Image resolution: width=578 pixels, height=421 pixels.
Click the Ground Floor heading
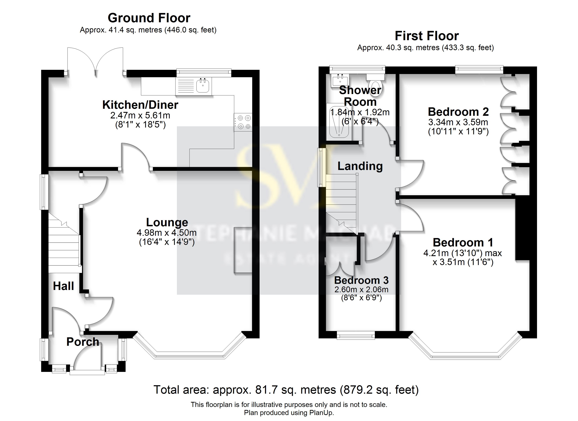click(x=149, y=18)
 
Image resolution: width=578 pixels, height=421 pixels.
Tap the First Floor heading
click(x=427, y=36)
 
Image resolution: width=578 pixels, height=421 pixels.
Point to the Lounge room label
click(x=167, y=222)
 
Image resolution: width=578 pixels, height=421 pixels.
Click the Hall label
click(x=63, y=286)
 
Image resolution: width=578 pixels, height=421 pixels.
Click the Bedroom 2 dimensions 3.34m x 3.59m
click(x=458, y=122)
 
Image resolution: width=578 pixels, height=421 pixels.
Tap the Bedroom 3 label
click(x=361, y=280)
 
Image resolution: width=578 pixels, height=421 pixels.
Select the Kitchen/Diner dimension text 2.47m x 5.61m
click(x=140, y=115)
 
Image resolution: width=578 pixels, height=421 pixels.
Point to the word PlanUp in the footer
click(x=321, y=413)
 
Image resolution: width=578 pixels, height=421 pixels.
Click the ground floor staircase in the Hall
click(x=64, y=245)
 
